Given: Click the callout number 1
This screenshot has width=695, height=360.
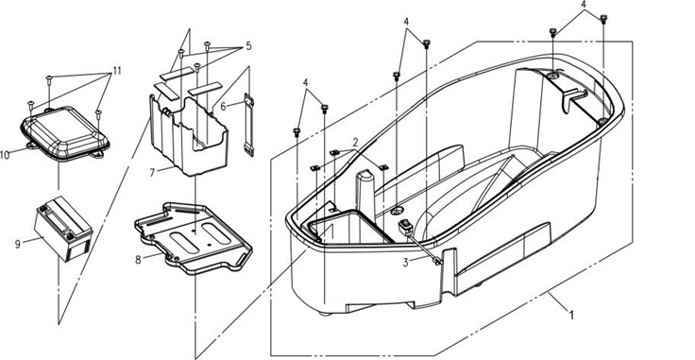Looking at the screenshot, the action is pyautogui.click(x=572, y=316).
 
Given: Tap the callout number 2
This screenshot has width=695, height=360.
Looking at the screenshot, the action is pyautogui.click(x=355, y=143).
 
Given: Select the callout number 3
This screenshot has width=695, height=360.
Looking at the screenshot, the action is pyautogui.click(x=405, y=263).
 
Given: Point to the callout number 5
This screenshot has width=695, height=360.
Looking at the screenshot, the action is pyautogui.click(x=248, y=45).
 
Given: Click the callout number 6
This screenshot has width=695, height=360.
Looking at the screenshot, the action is pyautogui.click(x=224, y=107).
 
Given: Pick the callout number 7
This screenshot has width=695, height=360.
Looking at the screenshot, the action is pyautogui.click(x=152, y=173).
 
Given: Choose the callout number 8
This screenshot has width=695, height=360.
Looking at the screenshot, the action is pyautogui.click(x=138, y=260).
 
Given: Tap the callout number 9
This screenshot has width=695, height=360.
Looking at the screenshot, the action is pyautogui.click(x=18, y=244).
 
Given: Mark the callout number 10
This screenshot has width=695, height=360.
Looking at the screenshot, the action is pyautogui.click(x=5, y=155).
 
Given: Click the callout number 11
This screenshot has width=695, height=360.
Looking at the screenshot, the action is pyautogui.click(x=117, y=71).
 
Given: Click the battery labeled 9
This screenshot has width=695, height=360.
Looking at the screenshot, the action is pyautogui.click(x=63, y=228).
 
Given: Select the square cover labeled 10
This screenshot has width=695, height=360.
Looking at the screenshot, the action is pyautogui.click(x=65, y=132).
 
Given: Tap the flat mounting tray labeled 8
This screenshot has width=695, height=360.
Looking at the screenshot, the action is pyautogui.click(x=194, y=238).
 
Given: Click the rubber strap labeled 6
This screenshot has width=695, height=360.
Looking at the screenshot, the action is pyautogui.click(x=249, y=125).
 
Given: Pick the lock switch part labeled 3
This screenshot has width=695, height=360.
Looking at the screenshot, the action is pyautogui.click(x=405, y=227).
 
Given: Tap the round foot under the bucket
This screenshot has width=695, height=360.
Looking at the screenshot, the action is pyautogui.click(x=326, y=314).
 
